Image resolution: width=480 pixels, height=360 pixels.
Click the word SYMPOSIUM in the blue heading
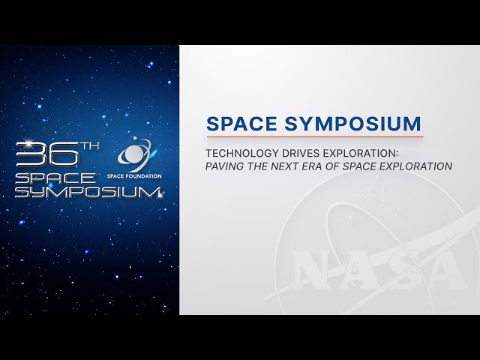pyautogui.click(x=353, y=124)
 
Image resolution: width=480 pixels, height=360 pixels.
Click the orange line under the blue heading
pyautogui.click(x=315, y=136)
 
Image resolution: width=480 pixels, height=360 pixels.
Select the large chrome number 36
pyautogui.click(x=47, y=154)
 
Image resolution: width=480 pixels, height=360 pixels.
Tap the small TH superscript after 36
pyautogui.click(x=90, y=146)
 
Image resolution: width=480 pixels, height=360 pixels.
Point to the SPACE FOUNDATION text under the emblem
pyautogui.click(x=134, y=176)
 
